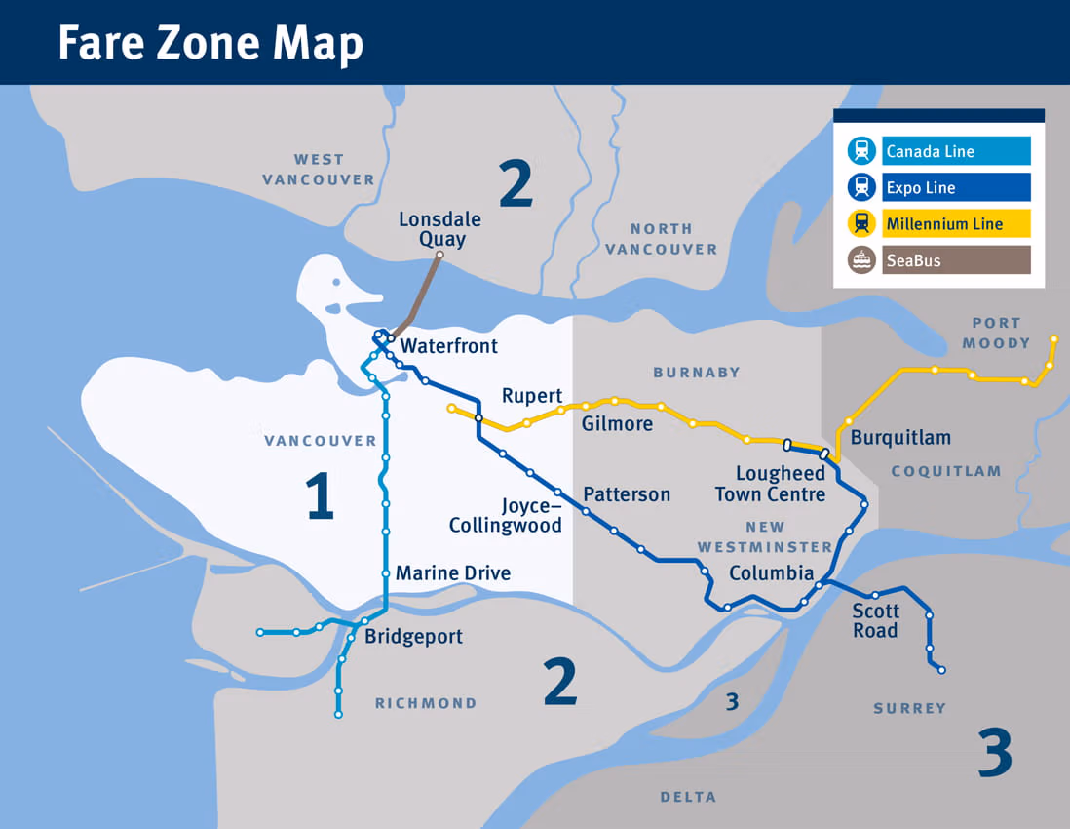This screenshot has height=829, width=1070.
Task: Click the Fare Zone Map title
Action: [x=210, y=43]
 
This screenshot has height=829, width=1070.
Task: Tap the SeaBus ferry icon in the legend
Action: [x=861, y=260]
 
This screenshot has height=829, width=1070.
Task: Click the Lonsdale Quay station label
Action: [x=439, y=229]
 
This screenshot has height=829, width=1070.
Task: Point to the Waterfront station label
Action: [x=449, y=346]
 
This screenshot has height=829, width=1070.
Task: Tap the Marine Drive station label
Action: [x=453, y=572]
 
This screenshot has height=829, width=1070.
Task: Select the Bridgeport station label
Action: [x=413, y=637]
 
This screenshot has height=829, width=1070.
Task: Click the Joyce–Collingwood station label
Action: [x=506, y=516]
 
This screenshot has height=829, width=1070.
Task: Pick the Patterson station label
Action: [x=627, y=494]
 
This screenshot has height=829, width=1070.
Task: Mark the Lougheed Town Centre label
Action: [x=771, y=484]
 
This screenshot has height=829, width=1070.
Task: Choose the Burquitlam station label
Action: [x=900, y=438]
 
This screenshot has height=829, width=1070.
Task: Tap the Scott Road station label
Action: [x=875, y=620]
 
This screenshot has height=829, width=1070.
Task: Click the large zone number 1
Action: [x=320, y=495]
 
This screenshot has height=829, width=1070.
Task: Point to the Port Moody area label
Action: [x=996, y=333]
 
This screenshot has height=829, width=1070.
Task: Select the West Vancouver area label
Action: [x=319, y=169]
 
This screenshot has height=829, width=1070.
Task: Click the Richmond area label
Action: [x=426, y=703]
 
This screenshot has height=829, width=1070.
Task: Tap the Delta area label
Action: [x=688, y=797]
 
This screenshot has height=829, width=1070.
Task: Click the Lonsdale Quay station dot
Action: [x=439, y=256]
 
